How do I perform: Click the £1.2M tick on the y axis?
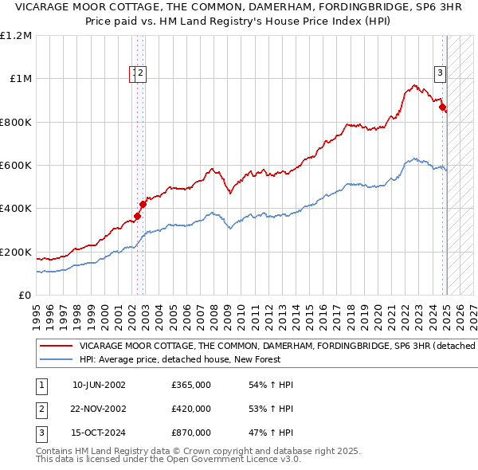[17, 36]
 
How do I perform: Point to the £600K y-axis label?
[15, 166]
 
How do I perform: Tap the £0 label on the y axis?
[25, 296]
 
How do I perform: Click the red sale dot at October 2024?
[442, 107]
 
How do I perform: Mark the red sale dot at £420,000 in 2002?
[143, 204]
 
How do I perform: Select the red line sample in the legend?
[55, 347]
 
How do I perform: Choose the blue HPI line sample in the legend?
[55, 359]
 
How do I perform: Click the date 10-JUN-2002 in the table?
[99, 385]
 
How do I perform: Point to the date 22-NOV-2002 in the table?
[99, 409]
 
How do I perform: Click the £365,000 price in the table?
[190, 385]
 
